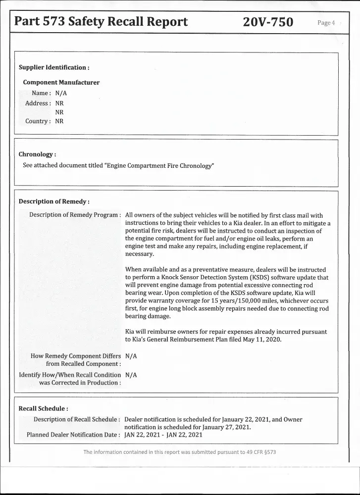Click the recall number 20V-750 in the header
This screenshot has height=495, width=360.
tap(268, 22)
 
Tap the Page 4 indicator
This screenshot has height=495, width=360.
tap(326, 23)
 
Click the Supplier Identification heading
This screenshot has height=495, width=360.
tap(53, 67)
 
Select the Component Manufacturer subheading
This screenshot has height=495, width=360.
tap(61, 82)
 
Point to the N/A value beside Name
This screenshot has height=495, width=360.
tap(61, 93)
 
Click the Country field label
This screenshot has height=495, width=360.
tap(38, 121)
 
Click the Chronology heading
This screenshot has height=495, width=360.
tap(37, 154)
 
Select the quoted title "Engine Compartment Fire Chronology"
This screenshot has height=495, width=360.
tap(159, 165)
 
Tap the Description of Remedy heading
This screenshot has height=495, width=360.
tap(53, 201)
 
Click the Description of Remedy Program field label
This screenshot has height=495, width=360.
tap(75, 215)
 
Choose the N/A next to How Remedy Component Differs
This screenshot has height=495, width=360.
tap(131, 356)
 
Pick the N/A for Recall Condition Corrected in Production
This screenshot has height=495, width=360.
tap(131, 375)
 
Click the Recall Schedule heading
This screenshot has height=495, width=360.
tap(43, 408)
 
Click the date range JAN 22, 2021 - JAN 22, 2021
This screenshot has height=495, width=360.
tap(163, 435)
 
